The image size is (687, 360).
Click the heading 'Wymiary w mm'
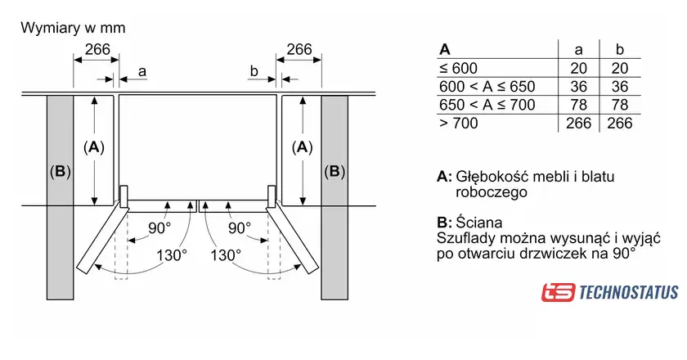(x=73, y=28)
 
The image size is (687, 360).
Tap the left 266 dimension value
(x=97, y=50)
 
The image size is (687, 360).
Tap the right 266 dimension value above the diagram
(x=299, y=50)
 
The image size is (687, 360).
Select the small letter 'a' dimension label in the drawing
(x=141, y=72)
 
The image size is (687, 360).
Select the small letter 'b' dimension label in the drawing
(x=254, y=72)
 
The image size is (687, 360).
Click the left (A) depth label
(x=95, y=148)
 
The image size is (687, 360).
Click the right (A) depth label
(x=303, y=148)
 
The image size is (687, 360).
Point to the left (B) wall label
(x=60, y=172)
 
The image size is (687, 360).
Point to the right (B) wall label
(x=335, y=172)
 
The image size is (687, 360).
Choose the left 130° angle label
(x=172, y=254)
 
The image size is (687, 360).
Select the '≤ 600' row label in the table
(x=458, y=68)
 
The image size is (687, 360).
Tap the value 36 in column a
(x=578, y=86)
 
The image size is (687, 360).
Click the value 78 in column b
(x=620, y=105)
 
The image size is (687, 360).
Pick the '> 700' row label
(x=458, y=124)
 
